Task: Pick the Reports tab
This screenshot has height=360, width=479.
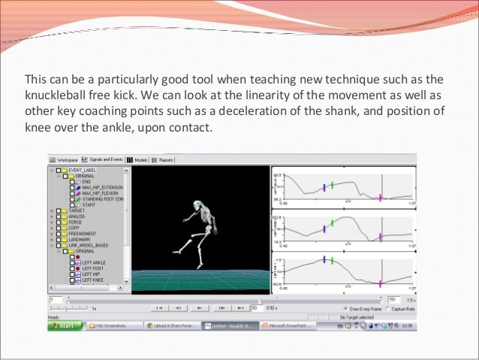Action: click(164, 159)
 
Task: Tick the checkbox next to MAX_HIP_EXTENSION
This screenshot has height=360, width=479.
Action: click(71, 188)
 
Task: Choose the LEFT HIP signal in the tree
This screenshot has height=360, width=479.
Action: click(92, 274)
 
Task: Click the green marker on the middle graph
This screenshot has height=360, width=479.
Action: click(331, 223)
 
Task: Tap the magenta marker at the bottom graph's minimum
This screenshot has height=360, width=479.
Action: click(380, 283)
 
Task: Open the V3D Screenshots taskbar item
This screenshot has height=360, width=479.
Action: click(109, 325)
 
